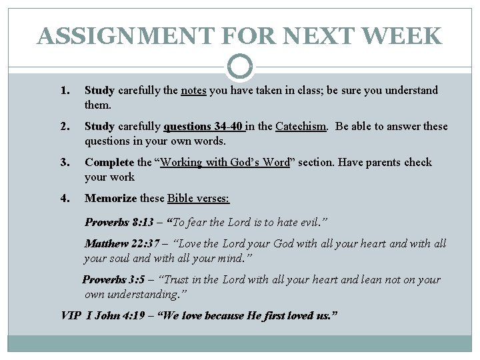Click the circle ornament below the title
point(240,66)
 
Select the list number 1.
point(65,91)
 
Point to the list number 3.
point(65,163)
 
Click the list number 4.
point(65,199)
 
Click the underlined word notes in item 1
point(193,91)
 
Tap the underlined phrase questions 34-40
point(204,127)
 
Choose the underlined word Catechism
point(301,127)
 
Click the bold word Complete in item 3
point(109,163)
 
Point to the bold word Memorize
point(110,199)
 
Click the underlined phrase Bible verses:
point(198,199)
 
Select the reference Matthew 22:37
point(121,244)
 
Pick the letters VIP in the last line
point(71,314)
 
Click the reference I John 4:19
point(117,314)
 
